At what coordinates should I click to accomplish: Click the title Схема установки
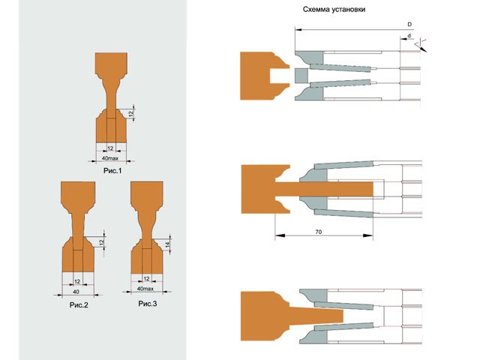pyautogui.click(x=334, y=10)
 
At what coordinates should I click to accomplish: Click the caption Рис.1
pyautogui.click(x=112, y=171)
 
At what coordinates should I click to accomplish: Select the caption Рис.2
pyautogui.click(x=79, y=305)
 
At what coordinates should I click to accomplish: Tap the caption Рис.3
pyautogui.click(x=148, y=304)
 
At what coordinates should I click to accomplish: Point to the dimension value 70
pyautogui.click(x=318, y=232)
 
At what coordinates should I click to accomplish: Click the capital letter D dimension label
pyautogui.click(x=409, y=24)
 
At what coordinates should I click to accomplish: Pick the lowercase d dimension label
pyautogui.click(x=409, y=36)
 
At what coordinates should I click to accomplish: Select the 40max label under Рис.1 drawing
pyautogui.click(x=110, y=158)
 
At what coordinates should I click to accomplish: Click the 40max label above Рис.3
pyautogui.click(x=145, y=289)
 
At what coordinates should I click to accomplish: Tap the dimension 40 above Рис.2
pyautogui.click(x=76, y=292)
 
